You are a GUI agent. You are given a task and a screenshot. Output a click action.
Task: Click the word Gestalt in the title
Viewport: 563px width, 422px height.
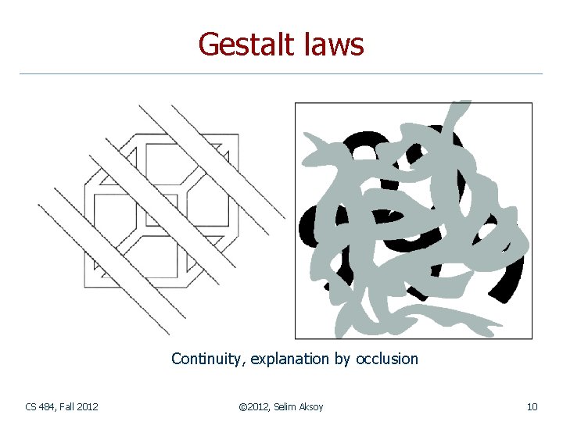point(246,45)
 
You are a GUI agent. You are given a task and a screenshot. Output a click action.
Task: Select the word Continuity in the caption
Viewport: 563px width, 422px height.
point(208,359)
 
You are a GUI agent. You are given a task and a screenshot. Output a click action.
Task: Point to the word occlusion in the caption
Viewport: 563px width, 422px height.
point(387,359)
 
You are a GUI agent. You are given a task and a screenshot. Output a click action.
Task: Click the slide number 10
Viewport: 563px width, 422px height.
point(532,406)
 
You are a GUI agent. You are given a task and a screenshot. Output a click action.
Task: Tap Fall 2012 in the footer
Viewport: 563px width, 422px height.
point(79,406)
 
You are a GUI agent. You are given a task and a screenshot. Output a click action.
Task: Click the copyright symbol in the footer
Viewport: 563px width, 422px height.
point(241,406)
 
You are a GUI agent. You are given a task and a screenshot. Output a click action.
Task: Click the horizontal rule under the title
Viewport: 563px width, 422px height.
point(281,73)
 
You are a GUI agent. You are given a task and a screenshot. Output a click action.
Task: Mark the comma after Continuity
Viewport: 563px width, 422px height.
point(246,363)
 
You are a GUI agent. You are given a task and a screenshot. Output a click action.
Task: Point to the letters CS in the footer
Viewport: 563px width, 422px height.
point(30,406)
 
